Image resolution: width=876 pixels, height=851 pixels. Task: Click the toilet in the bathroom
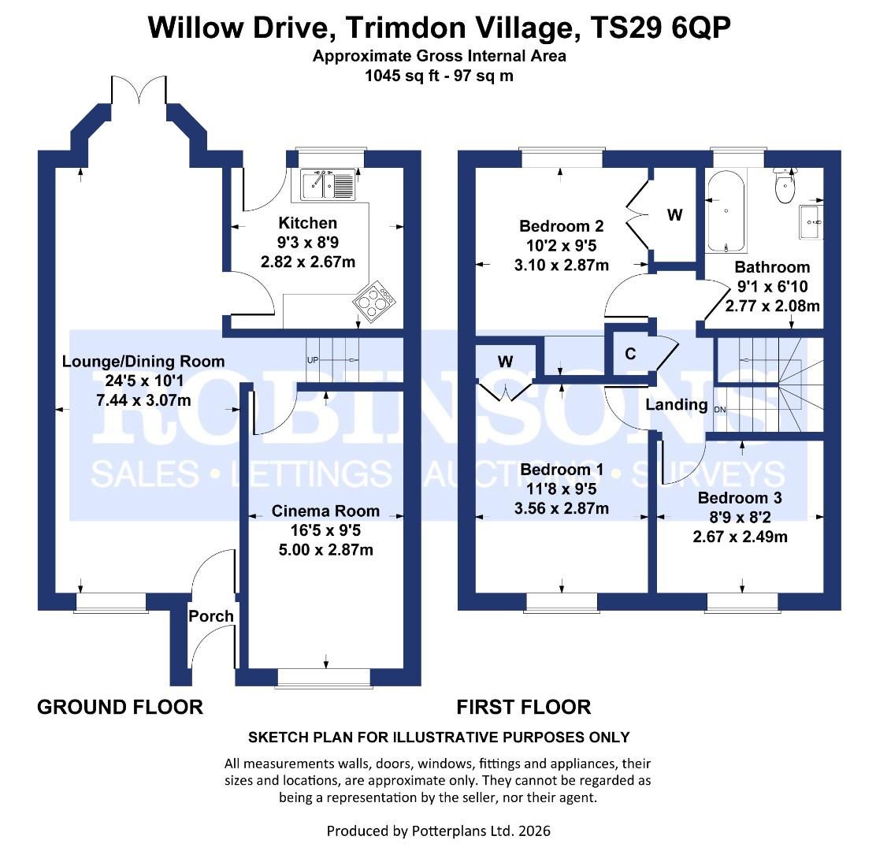pos(785,188)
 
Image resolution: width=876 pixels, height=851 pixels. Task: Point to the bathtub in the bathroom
pos(724,210)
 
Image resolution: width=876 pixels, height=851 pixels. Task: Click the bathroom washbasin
pos(811,221)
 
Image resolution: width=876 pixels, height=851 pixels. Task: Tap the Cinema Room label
pos(325,511)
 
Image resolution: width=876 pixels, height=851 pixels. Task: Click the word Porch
pos(211,615)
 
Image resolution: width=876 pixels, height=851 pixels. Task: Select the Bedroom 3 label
pos(740,498)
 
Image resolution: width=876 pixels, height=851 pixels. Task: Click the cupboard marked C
pos(630,354)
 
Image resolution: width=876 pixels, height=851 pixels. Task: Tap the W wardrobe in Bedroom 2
pos(675,214)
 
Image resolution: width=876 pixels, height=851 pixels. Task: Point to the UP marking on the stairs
pos(313,360)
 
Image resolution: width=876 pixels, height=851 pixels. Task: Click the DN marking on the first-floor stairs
pos(719,410)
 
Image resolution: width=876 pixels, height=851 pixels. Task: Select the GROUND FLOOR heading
pos(120,707)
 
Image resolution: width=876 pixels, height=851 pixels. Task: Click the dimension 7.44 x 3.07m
pos(143,401)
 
